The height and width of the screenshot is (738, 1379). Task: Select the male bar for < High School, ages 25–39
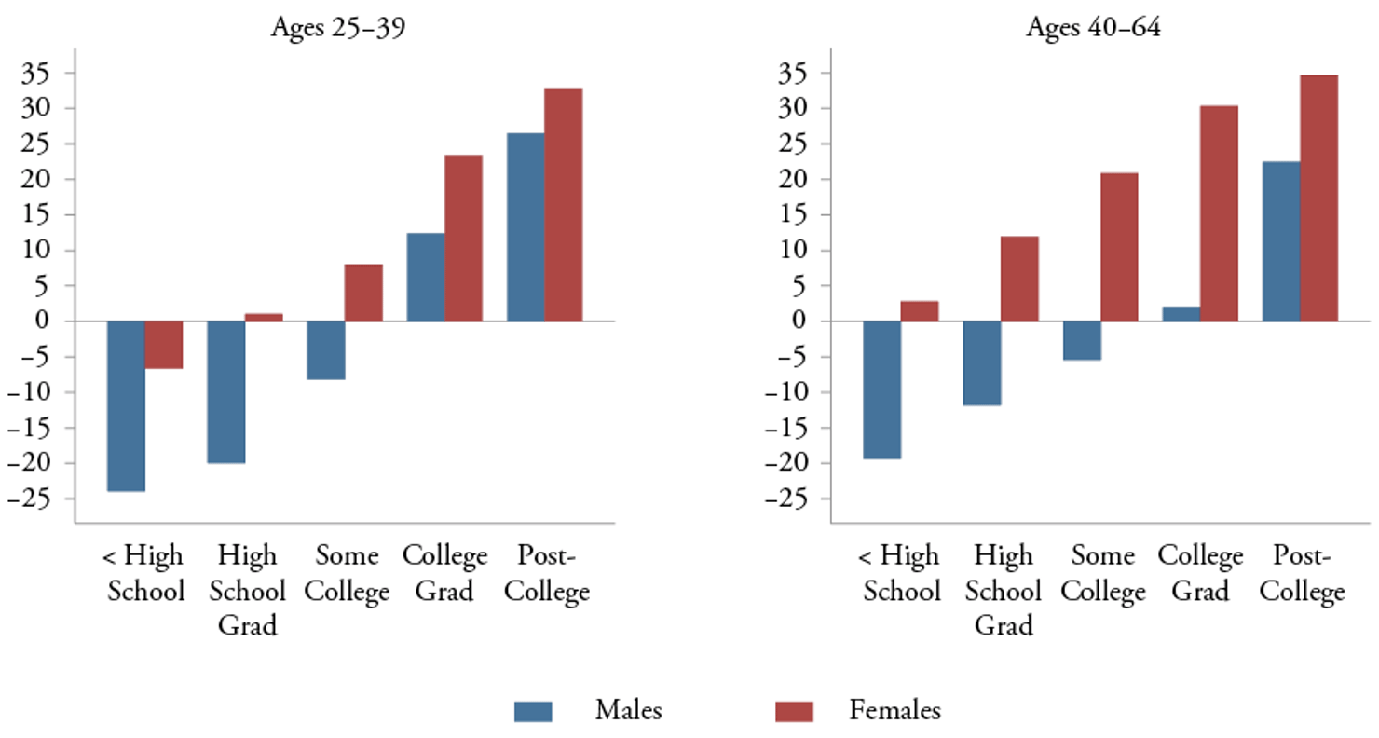click(x=126, y=405)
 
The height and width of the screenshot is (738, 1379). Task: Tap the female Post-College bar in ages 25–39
click(x=563, y=205)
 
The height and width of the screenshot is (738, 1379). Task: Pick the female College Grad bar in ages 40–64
click(x=1219, y=213)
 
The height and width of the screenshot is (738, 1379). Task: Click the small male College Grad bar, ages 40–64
click(x=1181, y=314)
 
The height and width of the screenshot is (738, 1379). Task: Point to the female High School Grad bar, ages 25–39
click(x=264, y=318)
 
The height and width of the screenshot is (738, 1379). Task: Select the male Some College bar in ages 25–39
click(x=326, y=350)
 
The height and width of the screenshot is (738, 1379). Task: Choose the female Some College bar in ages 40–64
click(x=1118, y=247)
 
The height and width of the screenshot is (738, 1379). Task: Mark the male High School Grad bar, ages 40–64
click(x=981, y=363)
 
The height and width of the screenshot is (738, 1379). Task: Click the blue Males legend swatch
click(x=533, y=712)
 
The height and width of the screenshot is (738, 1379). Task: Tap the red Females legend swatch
click(x=794, y=712)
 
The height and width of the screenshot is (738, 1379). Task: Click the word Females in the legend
click(x=894, y=711)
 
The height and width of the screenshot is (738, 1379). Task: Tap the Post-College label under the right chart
click(x=1309, y=574)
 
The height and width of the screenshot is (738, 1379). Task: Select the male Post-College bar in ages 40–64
click(x=1281, y=241)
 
